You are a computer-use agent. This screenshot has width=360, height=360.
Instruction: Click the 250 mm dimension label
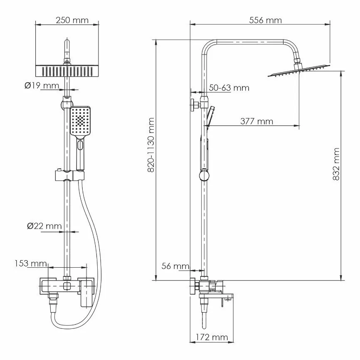pos(69,20)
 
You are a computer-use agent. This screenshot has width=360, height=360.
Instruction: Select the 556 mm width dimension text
pos(265,20)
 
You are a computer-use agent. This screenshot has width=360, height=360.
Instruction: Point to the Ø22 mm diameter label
pos(43,226)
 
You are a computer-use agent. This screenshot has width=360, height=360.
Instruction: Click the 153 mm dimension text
pos(30,263)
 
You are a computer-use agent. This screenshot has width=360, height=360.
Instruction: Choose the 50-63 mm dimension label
pos(229,88)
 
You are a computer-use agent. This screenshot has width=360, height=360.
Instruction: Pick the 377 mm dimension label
pos(256,121)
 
